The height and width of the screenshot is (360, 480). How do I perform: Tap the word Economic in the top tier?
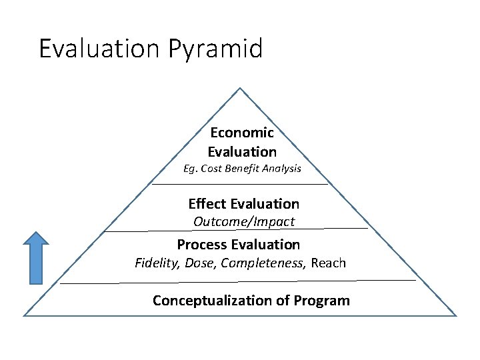click(x=242, y=133)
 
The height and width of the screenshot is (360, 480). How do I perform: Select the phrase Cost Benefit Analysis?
click(x=256, y=169)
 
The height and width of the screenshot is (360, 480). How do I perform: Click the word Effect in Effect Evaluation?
click(x=207, y=203)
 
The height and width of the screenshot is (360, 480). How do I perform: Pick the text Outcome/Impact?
click(x=244, y=221)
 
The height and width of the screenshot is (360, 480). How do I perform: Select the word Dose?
click(x=200, y=263)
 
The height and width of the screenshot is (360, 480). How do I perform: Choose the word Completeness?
click(x=263, y=263)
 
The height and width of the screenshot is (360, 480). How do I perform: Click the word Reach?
click(x=329, y=263)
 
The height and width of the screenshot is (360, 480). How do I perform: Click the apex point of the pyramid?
click(x=240, y=88)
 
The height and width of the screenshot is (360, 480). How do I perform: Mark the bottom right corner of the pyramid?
click(x=456, y=315)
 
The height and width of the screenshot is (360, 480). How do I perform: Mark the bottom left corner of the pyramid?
click(x=25, y=315)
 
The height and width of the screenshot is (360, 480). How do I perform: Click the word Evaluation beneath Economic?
click(x=242, y=151)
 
